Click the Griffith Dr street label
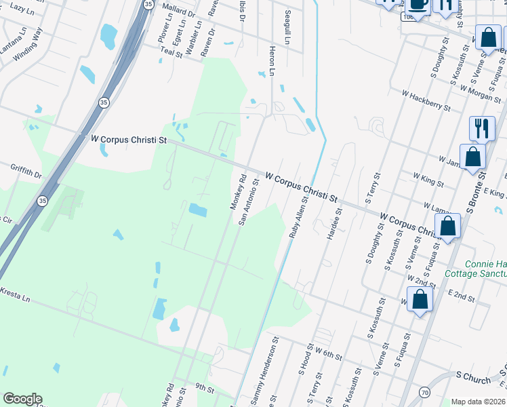(26, 170)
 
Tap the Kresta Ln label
(15, 294)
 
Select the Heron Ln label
(271, 62)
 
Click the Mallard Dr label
(178, 10)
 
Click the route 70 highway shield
(424, 392)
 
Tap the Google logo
(22, 399)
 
